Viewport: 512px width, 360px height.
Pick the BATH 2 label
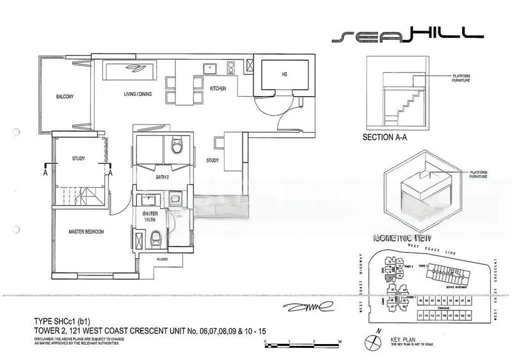click(163, 176)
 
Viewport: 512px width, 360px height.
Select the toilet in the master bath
click(154, 241)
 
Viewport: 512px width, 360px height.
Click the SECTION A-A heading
click(389, 137)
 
